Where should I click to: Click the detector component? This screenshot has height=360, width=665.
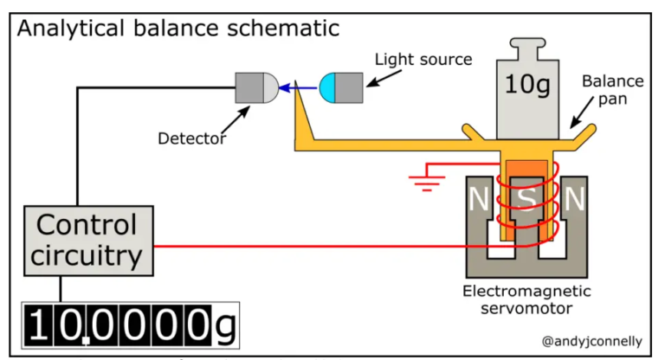click(x=257, y=87)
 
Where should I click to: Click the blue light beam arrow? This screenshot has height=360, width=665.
click(x=300, y=87)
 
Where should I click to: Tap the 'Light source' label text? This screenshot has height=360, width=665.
click(x=423, y=60)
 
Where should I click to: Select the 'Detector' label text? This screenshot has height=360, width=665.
click(x=192, y=138)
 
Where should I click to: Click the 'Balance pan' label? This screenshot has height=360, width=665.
click(x=612, y=91)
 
